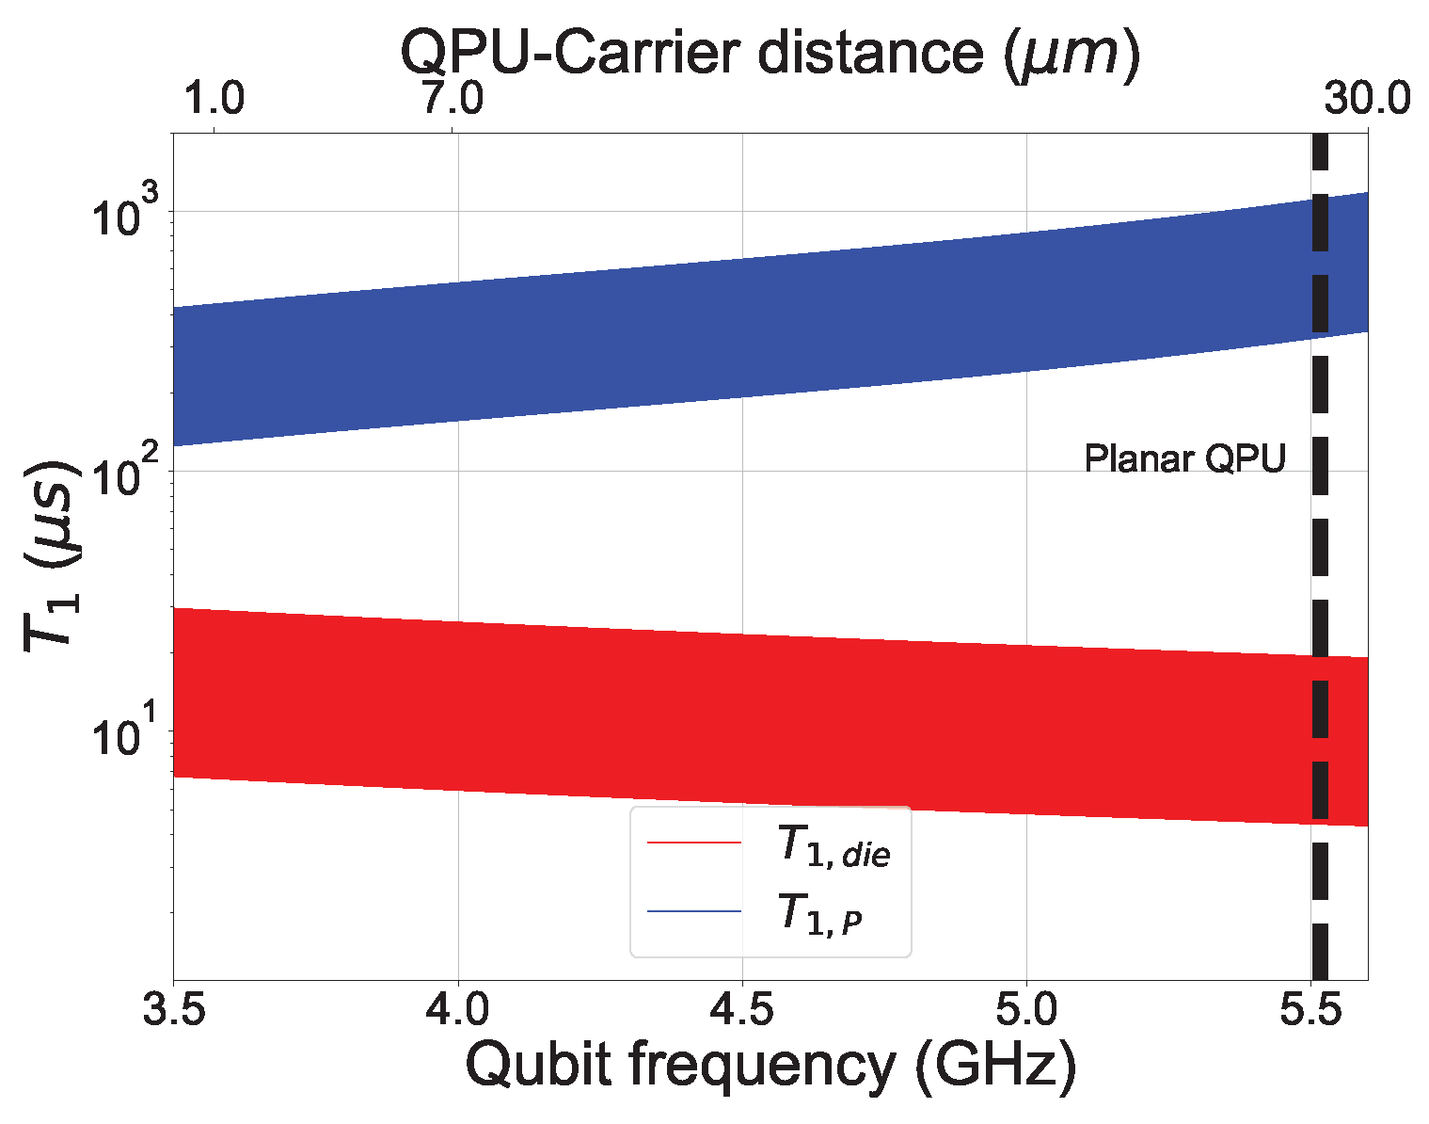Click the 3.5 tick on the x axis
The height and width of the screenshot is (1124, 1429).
[173, 1011]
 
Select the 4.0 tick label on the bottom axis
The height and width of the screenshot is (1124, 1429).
[457, 1011]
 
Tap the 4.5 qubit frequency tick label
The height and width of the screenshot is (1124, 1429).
[742, 1011]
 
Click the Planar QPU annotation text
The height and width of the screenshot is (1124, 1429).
[1184, 459]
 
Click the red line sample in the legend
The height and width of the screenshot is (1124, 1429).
[694, 843]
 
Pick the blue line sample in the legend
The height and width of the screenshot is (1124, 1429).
[694, 911]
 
